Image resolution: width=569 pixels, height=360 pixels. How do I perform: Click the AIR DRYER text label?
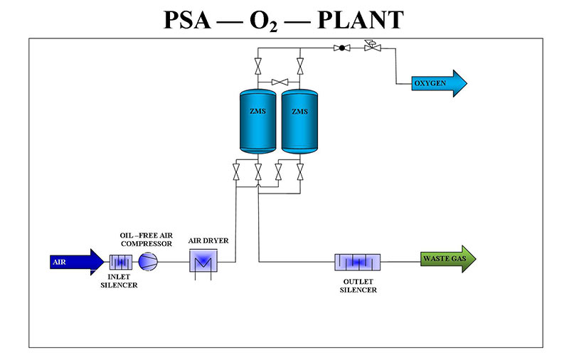[x=208, y=240]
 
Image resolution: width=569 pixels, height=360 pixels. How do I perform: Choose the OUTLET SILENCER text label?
[x=358, y=285]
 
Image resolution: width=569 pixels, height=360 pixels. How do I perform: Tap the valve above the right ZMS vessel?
[x=300, y=68]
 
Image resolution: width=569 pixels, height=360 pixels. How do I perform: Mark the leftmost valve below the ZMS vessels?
[x=236, y=171]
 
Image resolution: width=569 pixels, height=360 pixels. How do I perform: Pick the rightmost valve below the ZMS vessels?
[x=300, y=171]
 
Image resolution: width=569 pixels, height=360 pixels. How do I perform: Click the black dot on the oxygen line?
[x=342, y=48]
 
